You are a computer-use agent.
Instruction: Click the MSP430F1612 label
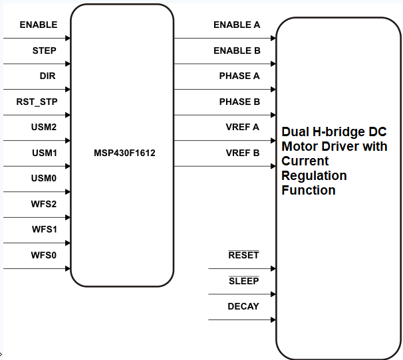[124, 153]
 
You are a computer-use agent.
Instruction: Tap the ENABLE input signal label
[39, 25]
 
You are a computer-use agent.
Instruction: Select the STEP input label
[44, 50]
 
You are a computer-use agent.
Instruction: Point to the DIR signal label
[47, 76]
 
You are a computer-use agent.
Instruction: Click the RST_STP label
[37, 102]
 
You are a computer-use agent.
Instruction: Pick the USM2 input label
[44, 128]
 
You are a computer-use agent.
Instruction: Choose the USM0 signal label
[44, 179]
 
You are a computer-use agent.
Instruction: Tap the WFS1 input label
[44, 230]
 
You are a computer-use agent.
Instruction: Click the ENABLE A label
[237, 25]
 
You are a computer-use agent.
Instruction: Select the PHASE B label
[239, 102]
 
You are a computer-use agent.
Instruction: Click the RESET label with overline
[243, 256]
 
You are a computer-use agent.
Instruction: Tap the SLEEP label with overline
[243, 281]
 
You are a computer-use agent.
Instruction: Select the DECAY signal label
[243, 306]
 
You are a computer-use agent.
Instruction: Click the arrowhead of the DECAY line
[273, 320]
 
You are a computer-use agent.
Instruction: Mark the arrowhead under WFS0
[67, 269]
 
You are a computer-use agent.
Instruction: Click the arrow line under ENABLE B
[225, 64]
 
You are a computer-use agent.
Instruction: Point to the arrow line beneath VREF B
[225, 167]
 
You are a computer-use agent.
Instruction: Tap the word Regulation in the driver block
[315, 175]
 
